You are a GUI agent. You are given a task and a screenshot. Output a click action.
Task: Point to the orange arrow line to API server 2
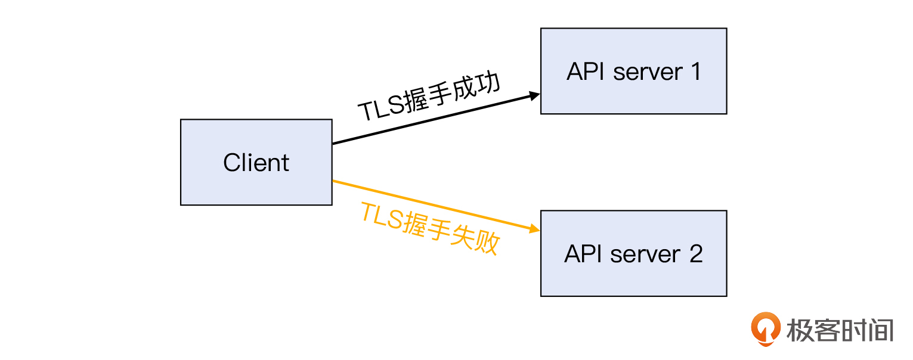click(417, 201)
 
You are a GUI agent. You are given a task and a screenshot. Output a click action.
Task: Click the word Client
click(256, 163)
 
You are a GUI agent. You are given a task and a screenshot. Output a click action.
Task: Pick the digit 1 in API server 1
click(695, 72)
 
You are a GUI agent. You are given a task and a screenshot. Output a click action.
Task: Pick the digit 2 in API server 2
click(696, 254)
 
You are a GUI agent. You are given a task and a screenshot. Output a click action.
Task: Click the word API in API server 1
click(586, 72)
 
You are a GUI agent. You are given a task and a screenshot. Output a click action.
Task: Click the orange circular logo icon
click(765, 328)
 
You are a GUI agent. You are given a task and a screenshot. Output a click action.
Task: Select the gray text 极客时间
click(840, 330)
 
